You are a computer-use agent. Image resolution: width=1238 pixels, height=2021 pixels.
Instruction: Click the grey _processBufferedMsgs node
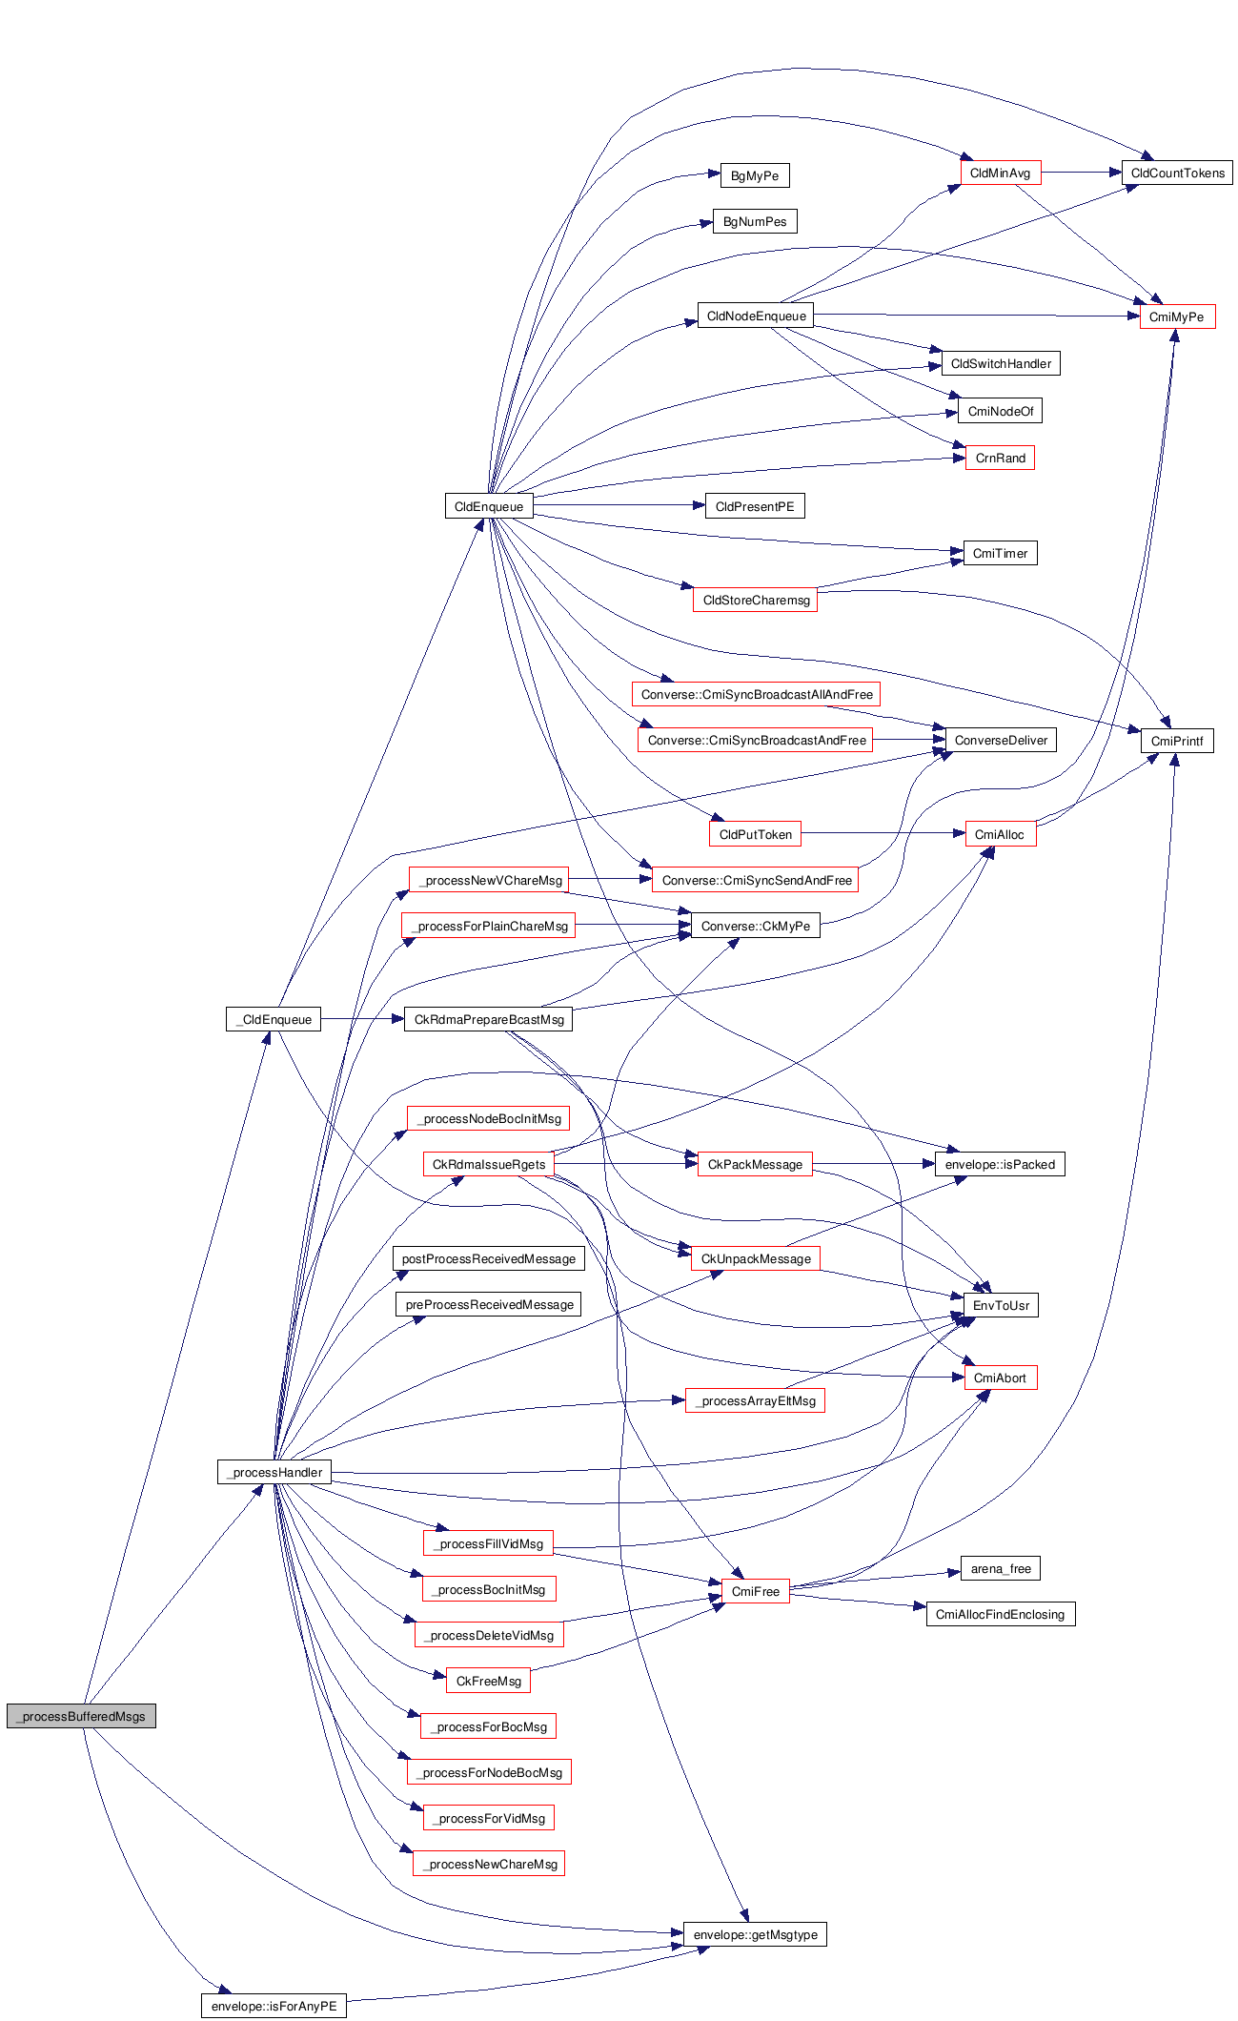[x=81, y=1716]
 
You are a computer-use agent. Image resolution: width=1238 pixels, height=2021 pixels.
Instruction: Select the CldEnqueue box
[x=488, y=506]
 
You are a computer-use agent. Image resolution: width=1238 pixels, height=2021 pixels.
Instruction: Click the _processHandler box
[x=274, y=1472]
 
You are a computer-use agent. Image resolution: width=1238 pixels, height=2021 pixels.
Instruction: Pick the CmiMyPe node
[x=1176, y=316]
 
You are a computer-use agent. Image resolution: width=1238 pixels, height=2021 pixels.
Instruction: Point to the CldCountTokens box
[x=1177, y=173]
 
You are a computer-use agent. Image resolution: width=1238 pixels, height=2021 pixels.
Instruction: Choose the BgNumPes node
[x=754, y=221]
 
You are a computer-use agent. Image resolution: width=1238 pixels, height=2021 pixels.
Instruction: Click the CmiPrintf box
[x=1176, y=741]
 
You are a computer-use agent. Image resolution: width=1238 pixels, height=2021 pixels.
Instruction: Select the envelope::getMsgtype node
[x=755, y=1934]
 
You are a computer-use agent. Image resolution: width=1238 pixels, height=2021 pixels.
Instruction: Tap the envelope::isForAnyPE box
[x=274, y=2006]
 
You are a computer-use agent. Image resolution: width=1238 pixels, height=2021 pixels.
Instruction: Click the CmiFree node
[x=755, y=1591]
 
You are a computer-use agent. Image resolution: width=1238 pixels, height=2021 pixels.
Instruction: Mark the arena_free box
[x=1000, y=1568]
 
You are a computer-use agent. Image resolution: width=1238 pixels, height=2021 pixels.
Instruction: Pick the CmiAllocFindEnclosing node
[x=1000, y=1614]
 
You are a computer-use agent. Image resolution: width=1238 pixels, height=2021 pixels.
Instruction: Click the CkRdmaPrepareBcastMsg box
[x=488, y=1019]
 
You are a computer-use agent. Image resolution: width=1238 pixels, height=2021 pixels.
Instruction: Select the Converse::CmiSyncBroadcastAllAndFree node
[x=756, y=694]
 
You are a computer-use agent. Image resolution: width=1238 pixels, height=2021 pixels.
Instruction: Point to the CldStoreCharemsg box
[x=755, y=600]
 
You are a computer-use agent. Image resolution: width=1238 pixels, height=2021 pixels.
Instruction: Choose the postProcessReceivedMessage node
[x=488, y=1258]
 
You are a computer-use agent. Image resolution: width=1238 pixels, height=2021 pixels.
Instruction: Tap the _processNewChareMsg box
[x=489, y=1864]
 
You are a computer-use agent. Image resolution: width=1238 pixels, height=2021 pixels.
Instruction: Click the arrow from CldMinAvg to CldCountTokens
[x=1081, y=173]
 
